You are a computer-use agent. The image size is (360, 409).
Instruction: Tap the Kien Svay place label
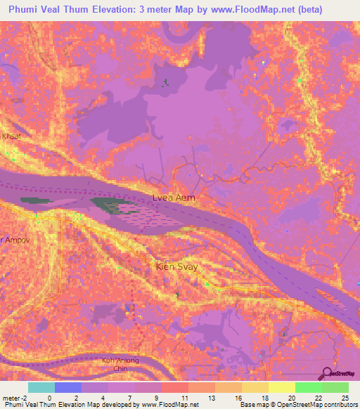click(x=173, y=267)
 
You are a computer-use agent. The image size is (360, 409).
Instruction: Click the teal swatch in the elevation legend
click(x=41, y=387)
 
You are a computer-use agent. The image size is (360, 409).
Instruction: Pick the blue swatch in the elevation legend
click(x=68, y=387)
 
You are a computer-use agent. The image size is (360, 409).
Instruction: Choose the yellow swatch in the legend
click(x=282, y=387)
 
